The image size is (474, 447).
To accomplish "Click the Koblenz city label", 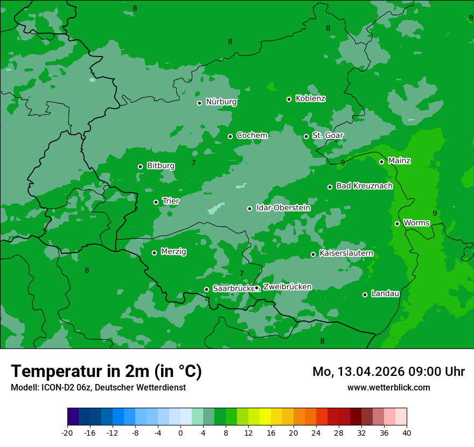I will tap(310, 99).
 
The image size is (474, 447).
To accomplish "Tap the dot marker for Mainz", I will tap(381, 162).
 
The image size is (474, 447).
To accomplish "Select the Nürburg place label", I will tap(221, 102).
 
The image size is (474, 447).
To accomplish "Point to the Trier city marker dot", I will tap(156, 202).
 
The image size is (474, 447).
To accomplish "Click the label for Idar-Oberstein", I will tap(283, 208).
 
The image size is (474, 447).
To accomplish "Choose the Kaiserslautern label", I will tap(346, 253).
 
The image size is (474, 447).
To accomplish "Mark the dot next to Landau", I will tap(365, 295).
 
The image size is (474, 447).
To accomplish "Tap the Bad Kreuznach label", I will tap(364, 186).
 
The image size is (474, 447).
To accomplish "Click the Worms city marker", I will tap(397, 223).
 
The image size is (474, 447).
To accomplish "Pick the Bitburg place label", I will tap(161, 166).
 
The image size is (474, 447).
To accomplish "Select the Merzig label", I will tap(173, 252).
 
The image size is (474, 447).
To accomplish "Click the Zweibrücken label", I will tap(287, 287).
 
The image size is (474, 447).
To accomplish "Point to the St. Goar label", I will tap(327, 135).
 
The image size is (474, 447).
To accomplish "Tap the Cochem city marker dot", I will tap(230, 136).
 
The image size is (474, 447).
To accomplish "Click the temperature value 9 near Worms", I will tap(435, 213).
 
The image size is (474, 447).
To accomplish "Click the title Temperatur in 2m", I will tap(106, 371).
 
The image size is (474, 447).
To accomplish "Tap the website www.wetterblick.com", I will tap(388, 387).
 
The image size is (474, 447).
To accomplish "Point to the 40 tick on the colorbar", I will tap(407, 432).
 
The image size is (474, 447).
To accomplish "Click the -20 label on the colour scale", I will tap(67, 432).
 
